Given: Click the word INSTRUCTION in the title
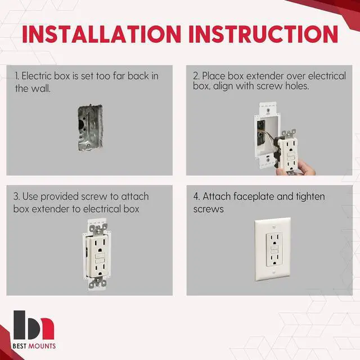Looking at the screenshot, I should click(x=264, y=34).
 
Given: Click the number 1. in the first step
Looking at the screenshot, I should click(x=18, y=76).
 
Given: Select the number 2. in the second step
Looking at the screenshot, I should click(x=196, y=76).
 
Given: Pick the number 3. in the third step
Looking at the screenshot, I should click(x=17, y=197).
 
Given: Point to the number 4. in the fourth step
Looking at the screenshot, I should click(x=196, y=197).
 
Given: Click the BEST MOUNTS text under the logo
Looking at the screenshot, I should click(x=35, y=346).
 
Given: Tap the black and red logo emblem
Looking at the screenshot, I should click(x=34, y=324).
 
